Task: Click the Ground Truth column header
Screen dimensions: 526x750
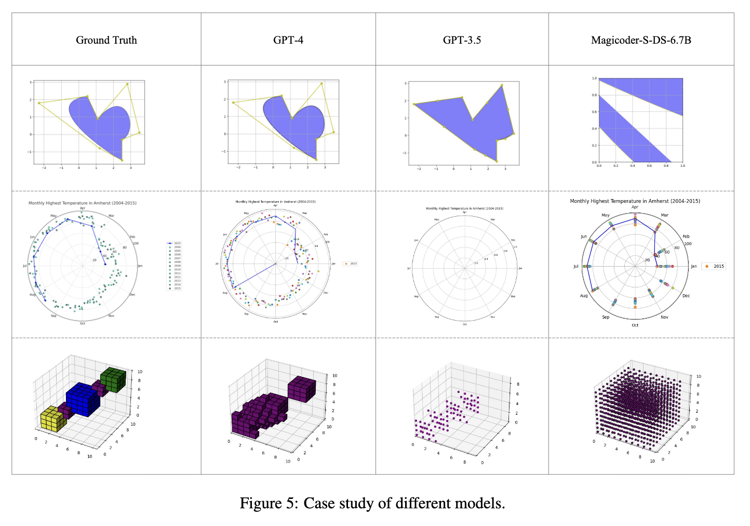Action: (106, 40)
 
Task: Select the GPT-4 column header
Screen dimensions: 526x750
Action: (288, 40)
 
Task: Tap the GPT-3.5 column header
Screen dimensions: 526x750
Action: (462, 40)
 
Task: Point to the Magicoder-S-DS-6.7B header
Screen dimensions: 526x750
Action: (641, 40)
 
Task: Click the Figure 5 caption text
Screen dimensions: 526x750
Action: (372, 503)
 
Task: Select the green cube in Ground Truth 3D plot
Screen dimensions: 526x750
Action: (114, 380)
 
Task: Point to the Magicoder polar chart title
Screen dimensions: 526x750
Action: (635, 201)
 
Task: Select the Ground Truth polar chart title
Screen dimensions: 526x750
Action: (83, 203)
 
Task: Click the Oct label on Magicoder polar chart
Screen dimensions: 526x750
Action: (635, 325)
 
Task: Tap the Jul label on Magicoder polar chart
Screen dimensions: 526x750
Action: (575, 266)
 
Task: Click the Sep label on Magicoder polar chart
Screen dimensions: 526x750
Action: (606, 317)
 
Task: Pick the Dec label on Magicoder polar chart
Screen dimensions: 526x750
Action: (686, 296)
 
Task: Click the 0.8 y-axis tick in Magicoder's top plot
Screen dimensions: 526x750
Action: (594, 95)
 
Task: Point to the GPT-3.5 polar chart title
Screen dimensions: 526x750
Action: (464, 208)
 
